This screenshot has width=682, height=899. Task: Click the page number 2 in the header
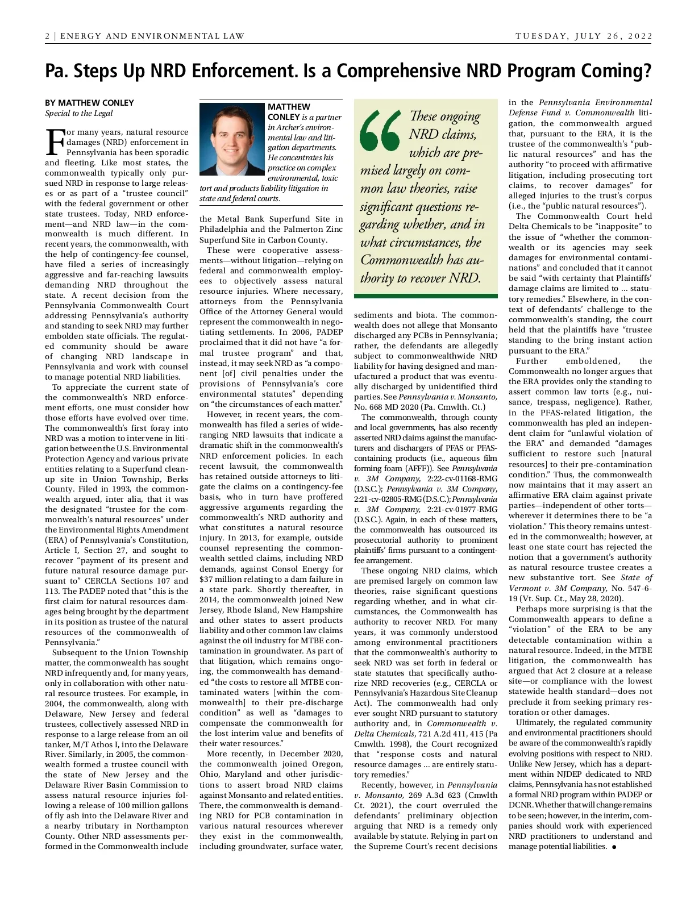click(48, 36)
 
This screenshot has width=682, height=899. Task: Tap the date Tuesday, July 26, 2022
click(584, 36)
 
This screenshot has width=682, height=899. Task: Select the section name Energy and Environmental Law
click(152, 36)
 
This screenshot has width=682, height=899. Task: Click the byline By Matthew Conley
click(89, 103)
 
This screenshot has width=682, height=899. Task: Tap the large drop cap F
click(55, 142)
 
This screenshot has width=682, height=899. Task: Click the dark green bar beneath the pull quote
click(425, 295)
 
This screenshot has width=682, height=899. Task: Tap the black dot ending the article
click(614, 847)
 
